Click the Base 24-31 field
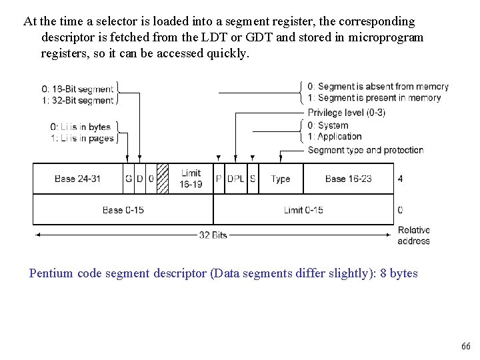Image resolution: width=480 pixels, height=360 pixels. point(79,179)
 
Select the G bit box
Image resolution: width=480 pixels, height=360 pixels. point(129,179)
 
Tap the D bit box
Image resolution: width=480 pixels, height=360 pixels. point(140,179)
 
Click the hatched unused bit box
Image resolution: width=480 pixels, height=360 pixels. point(162,179)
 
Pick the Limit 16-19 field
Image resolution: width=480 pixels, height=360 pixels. point(191,179)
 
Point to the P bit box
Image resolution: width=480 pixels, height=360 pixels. point(219,179)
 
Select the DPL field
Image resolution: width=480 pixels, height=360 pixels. point(236,179)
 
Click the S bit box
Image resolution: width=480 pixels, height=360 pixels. point(253,179)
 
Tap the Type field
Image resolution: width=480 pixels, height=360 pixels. point(281,179)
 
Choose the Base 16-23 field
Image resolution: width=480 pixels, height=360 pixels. point(348,179)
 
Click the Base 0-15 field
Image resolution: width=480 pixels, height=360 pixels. point(123,210)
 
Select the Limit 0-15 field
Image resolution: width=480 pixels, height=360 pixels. point(303,210)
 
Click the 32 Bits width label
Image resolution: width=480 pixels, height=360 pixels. point(213,235)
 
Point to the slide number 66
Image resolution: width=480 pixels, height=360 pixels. point(465,346)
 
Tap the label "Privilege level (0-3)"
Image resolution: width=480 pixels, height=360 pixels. point(346,112)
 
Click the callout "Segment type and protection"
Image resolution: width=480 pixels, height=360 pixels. point(365,150)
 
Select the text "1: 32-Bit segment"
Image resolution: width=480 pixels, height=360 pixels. point(77,101)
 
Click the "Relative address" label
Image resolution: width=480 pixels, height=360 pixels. point(413,235)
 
